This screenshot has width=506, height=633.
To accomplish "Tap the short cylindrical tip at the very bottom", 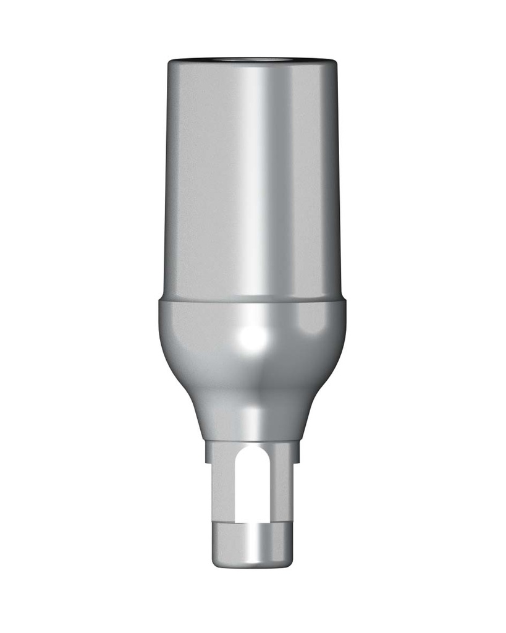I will [253, 544].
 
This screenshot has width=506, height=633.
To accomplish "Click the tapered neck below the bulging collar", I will [253, 414].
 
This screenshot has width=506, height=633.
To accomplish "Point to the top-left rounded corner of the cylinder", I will [172, 64].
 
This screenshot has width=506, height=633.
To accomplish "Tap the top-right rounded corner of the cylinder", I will [334, 64].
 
